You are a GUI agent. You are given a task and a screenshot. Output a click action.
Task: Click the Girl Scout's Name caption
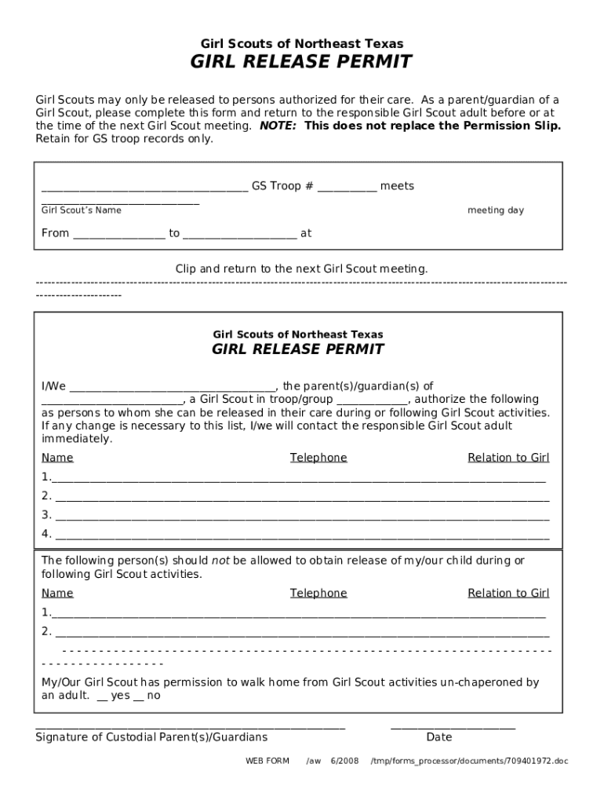(x=82, y=210)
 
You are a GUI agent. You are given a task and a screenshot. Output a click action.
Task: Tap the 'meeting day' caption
(x=496, y=210)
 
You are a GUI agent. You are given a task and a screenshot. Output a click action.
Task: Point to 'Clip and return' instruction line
(x=302, y=269)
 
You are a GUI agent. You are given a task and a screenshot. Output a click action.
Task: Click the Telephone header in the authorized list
(x=318, y=458)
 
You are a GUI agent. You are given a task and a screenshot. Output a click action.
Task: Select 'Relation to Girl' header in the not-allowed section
(x=508, y=593)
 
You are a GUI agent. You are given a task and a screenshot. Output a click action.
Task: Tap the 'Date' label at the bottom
(x=439, y=737)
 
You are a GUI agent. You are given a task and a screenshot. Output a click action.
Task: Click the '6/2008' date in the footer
(x=344, y=761)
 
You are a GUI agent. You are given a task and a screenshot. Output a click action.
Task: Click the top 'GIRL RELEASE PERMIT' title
(x=302, y=63)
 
